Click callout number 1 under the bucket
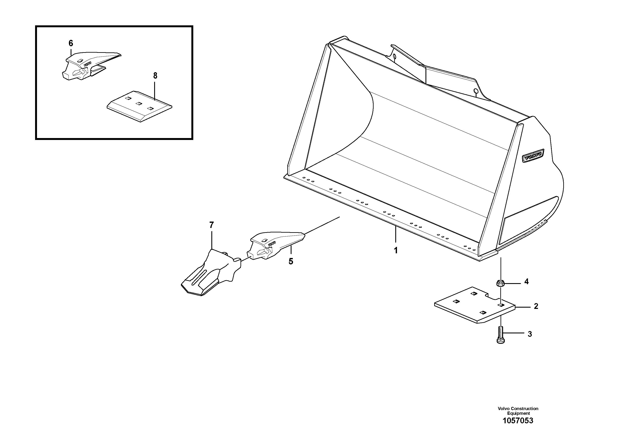396,251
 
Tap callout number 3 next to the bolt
530,334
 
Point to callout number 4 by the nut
526,282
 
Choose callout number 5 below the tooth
291,261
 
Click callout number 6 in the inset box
71,43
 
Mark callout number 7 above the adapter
211,225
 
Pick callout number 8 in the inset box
155,76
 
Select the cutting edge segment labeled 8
139,106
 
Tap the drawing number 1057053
518,428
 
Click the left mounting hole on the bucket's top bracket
395,57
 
